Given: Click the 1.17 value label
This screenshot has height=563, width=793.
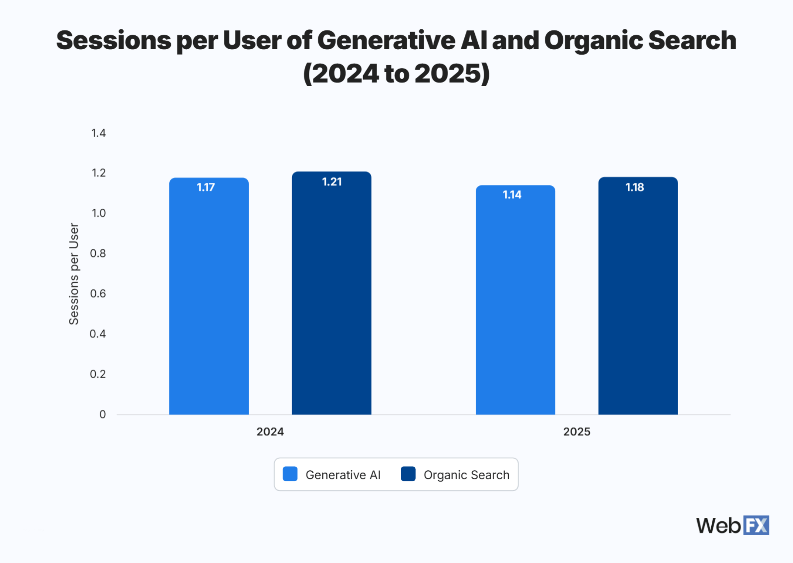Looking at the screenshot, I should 206,187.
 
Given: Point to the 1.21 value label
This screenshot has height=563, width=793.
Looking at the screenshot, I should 332,182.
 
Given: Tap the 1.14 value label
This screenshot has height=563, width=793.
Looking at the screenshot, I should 512,195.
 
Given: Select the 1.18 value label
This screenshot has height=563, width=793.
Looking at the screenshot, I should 634,187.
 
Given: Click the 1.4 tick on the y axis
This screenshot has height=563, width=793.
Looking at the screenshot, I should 98,133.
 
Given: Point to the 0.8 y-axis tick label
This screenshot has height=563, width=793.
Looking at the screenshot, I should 98,253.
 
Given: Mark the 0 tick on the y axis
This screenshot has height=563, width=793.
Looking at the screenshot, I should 102,414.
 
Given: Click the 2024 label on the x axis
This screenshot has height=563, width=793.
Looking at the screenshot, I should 270,431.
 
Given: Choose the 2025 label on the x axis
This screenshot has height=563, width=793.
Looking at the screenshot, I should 577,431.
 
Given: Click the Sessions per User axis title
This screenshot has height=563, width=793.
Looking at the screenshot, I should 74,273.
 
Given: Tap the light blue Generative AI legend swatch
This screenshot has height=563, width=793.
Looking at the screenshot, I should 290,474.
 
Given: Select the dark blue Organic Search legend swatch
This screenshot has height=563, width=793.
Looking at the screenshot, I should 408,474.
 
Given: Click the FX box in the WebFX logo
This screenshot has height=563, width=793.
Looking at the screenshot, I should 756,525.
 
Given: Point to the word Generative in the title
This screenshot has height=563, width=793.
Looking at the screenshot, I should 386,40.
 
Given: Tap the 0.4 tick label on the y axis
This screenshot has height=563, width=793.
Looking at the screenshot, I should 98,334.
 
